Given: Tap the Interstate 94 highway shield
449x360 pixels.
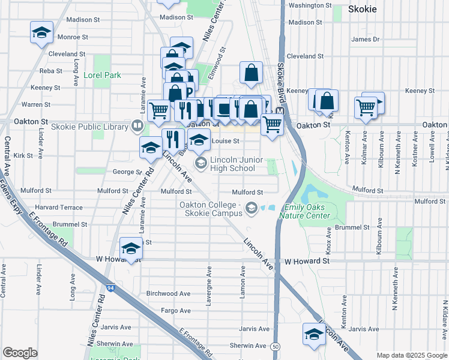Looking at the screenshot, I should point(109,289).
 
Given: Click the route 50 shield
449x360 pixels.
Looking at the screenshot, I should point(275,347).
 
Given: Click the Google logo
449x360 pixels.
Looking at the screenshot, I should point(20,353).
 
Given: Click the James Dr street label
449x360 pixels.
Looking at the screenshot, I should point(366,40).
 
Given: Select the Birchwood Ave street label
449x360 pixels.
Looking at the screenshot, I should point(168,294).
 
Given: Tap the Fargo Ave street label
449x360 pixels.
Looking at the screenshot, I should point(176,311).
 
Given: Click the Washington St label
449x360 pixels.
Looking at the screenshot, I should point(310,5).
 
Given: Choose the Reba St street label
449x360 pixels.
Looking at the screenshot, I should point(50,71).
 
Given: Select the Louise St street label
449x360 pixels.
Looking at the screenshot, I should point(226,142).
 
